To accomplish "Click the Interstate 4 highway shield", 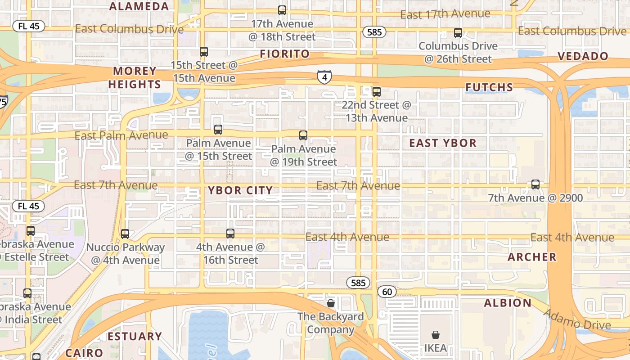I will pos(324,77).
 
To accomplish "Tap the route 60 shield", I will pos(387,292).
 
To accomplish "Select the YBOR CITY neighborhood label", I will pos(240,190).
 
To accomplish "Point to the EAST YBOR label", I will pos(443,143).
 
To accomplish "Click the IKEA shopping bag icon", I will pos(435,335).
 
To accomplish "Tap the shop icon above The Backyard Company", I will pos(331,303).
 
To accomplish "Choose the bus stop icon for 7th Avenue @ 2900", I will pos(535,184).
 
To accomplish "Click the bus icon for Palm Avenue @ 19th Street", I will pos(303,135).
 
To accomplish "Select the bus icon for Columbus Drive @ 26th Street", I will pos(458,33).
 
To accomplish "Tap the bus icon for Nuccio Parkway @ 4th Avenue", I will pos(125,234).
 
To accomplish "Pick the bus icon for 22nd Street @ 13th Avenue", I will pos(377,92).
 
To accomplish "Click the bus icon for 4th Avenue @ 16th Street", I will pos(230,233).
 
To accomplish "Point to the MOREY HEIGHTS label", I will pos(135,77).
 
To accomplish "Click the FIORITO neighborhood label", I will pos(285,54).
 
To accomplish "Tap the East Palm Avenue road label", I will pos(121,135).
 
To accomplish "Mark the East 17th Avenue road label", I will pos(445,14).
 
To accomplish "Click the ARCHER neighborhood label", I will pos(532,257).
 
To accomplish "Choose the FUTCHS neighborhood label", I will pos(489,87).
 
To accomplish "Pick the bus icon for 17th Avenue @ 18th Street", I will pos(282,10).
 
